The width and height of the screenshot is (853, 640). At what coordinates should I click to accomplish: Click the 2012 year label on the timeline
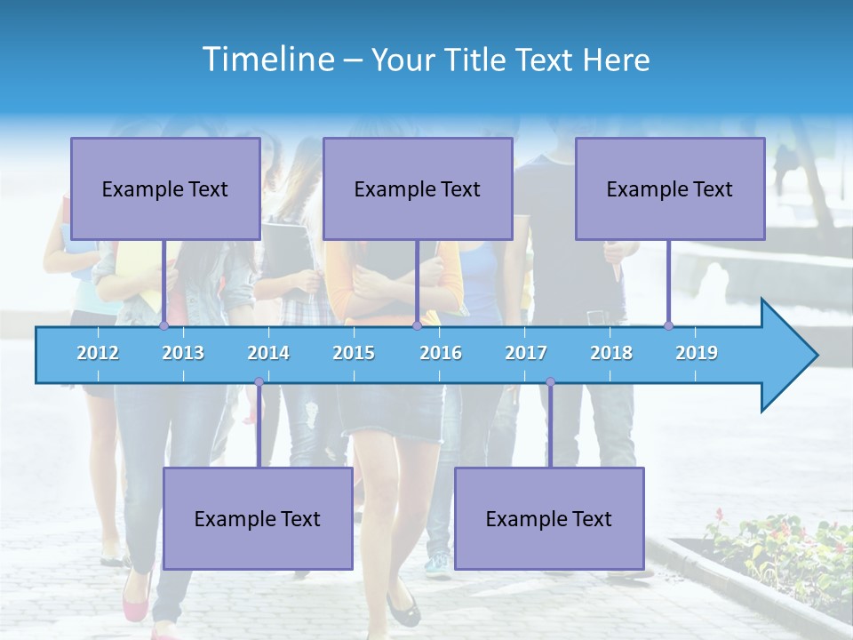click(98, 353)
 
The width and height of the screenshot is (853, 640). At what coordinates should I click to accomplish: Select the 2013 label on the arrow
click(183, 353)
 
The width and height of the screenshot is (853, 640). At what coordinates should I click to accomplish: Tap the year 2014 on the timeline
click(268, 353)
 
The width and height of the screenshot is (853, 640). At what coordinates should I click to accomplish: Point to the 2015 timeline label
click(354, 353)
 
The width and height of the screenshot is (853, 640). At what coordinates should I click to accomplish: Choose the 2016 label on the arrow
click(441, 353)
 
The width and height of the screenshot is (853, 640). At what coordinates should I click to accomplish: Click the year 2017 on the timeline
click(526, 353)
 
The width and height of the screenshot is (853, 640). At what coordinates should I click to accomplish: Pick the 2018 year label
click(611, 353)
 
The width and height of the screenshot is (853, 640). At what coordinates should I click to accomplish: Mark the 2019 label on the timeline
click(697, 353)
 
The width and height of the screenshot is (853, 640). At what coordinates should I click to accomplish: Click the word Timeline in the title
click(267, 60)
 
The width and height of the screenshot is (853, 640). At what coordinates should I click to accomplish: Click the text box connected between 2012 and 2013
click(165, 188)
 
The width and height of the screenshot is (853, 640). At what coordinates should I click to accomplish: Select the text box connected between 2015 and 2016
click(418, 188)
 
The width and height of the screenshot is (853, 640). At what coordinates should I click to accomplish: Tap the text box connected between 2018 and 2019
click(670, 188)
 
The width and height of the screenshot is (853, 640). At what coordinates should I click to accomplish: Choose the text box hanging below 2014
click(258, 518)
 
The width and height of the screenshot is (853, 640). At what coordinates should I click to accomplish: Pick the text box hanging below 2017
click(549, 518)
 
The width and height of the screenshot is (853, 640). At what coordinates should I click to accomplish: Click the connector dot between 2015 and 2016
click(417, 326)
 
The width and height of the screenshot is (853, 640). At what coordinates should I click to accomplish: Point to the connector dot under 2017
click(550, 382)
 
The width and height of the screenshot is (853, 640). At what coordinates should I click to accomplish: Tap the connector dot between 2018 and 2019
click(668, 326)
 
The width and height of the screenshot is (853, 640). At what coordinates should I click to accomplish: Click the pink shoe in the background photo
click(135, 608)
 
